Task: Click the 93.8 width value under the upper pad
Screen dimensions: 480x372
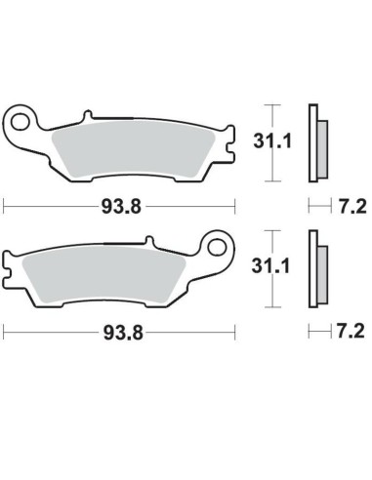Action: coord(120,206)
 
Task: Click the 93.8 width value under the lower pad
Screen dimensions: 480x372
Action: coord(120,333)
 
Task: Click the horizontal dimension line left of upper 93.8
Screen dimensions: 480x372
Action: coord(49,206)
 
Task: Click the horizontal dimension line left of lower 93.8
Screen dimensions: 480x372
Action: coord(49,333)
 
